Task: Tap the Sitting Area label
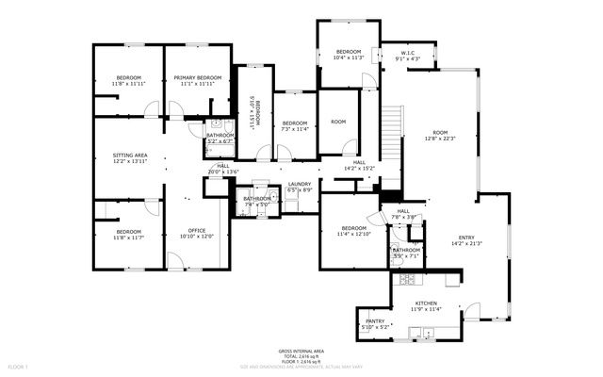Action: [130, 157]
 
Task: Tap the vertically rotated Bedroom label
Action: [252, 111]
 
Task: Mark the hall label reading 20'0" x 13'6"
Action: [223, 170]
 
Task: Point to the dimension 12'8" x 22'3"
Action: [440, 138]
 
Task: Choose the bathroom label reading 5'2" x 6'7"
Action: [220, 138]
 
